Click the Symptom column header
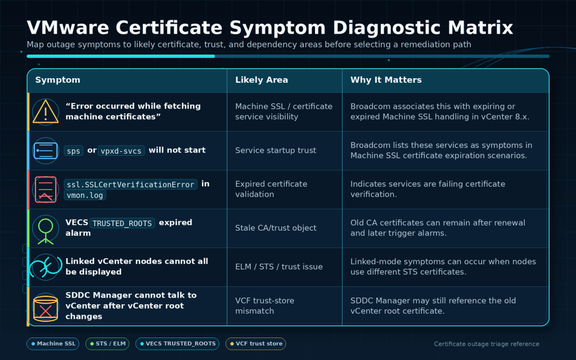point(58,80)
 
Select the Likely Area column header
point(262,80)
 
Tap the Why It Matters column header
point(386,80)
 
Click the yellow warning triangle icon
point(46,112)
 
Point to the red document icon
point(46,189)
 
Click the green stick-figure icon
point(46,231)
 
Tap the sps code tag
point(74,151)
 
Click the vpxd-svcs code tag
point(121,151)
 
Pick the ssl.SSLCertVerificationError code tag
point(130,184)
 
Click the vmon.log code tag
point(85,195)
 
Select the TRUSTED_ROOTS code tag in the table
point(122,223)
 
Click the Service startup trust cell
point(276,150)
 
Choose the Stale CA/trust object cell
point(276,228)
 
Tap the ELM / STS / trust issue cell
point(279,267)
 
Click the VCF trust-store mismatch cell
point(264,305)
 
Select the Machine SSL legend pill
point(53,344)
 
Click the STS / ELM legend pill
point(107,344)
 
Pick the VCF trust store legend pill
point(256,344)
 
